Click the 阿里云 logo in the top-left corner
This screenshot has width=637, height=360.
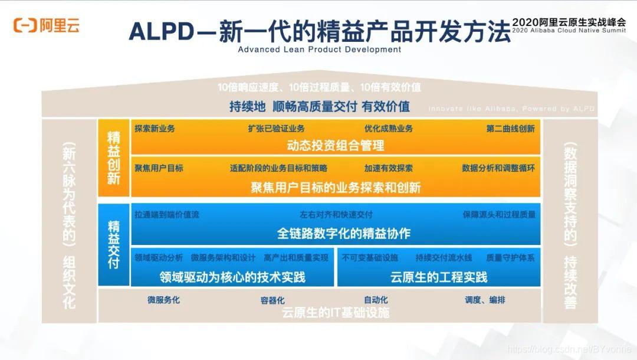click(x=47, y=25)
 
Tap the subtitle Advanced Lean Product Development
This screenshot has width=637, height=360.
click(x=319, y=50)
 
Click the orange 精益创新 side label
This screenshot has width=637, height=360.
click(x=113, y=158)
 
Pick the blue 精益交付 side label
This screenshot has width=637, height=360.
click(x=113, y=244)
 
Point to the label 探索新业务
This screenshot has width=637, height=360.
click(x=155, y=129)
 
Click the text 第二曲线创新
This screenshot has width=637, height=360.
click(x=510, y=129)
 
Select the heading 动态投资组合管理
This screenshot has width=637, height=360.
click(x=335, y=145)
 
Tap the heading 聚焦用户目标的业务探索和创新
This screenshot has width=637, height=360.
click(x=335, y=188)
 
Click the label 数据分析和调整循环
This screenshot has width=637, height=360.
click(x=498, y=168)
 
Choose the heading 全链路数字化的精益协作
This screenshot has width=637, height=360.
click(x=335, y=233)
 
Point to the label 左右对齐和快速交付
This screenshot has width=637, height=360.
click(x=336, y=215)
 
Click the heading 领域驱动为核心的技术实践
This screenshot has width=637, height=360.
click(x=232, y=277)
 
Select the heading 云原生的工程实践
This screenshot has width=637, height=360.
click(x=439, y=277)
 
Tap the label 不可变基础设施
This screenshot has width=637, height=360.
click(x=370, y=258)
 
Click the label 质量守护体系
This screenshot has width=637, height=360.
click(x=510, y=258)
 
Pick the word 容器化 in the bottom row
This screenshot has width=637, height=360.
click(x=272, y=300)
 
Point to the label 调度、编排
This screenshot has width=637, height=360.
click(x=485, y=300)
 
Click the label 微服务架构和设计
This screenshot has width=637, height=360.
click(x=223, y=258)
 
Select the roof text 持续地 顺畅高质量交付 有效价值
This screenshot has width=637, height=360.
click(x=319, y=107)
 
